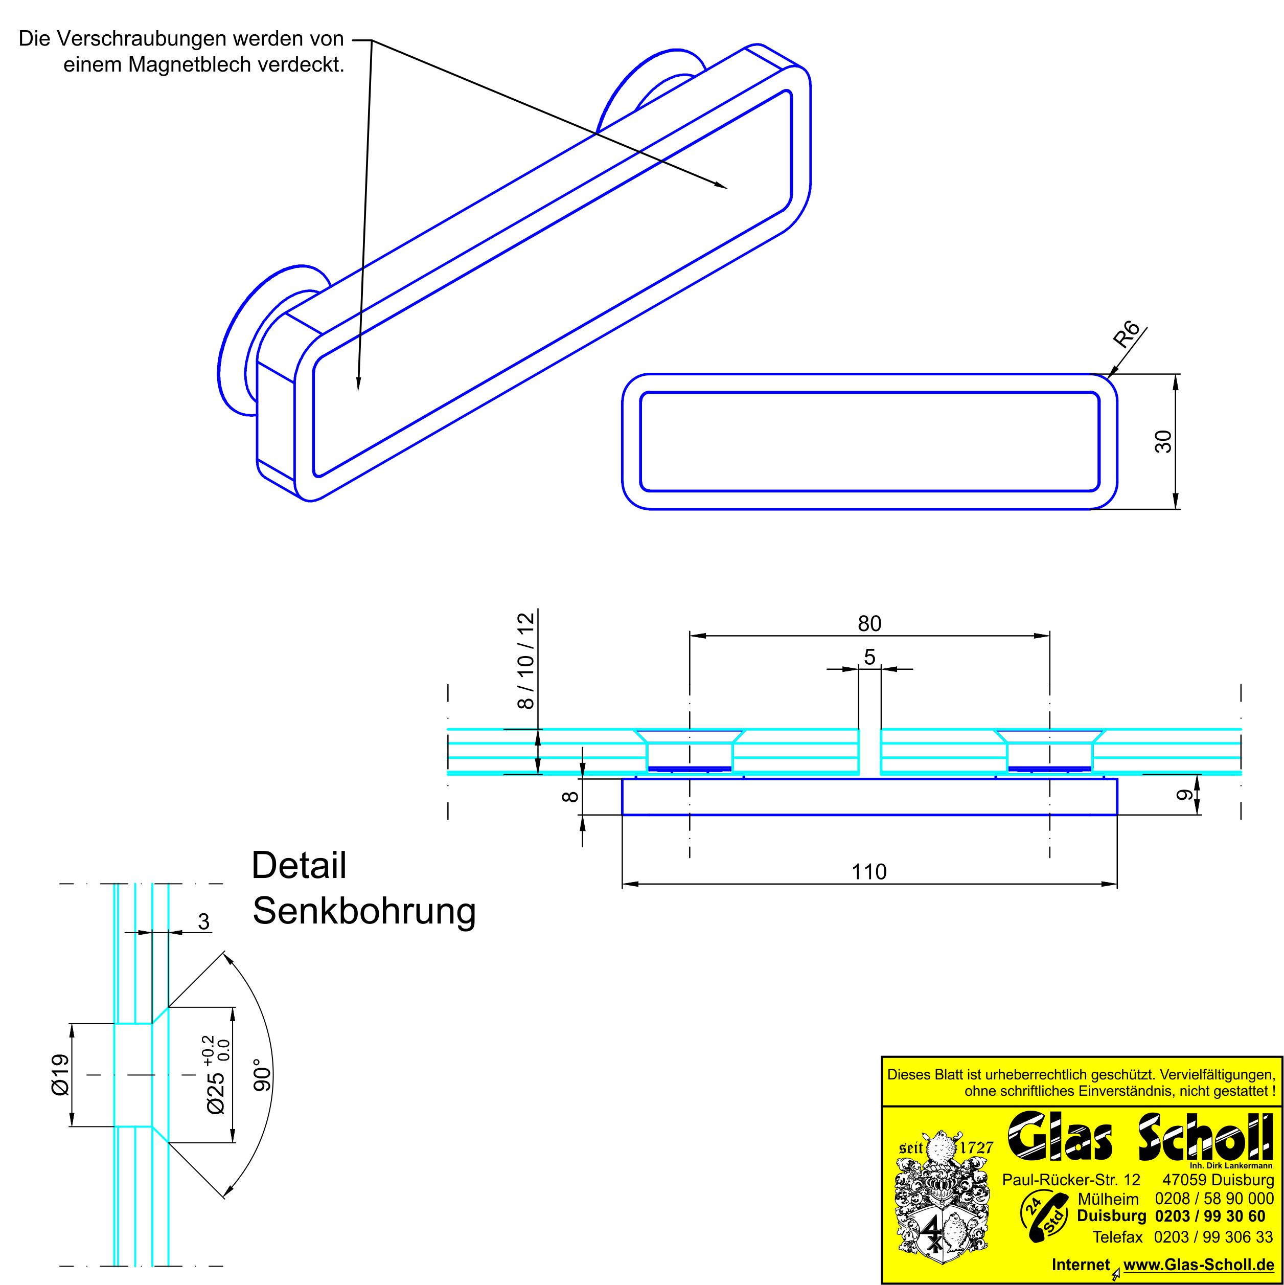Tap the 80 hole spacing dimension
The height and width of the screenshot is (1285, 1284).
coord(869,623)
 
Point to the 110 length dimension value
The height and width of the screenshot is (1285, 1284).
coord(869,871)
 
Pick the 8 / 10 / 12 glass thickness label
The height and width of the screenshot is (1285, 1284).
coord(525,661)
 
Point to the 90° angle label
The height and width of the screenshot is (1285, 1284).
coord(263,1075)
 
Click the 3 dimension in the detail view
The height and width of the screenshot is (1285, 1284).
coord(203,921)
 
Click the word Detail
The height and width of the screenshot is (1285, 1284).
coord(299,865)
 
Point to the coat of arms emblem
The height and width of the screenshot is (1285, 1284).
coord(939,1211)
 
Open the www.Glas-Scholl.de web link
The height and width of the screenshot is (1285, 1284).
coord(1198,1265)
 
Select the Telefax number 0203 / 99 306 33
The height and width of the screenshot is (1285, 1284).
coord(1213,1237)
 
